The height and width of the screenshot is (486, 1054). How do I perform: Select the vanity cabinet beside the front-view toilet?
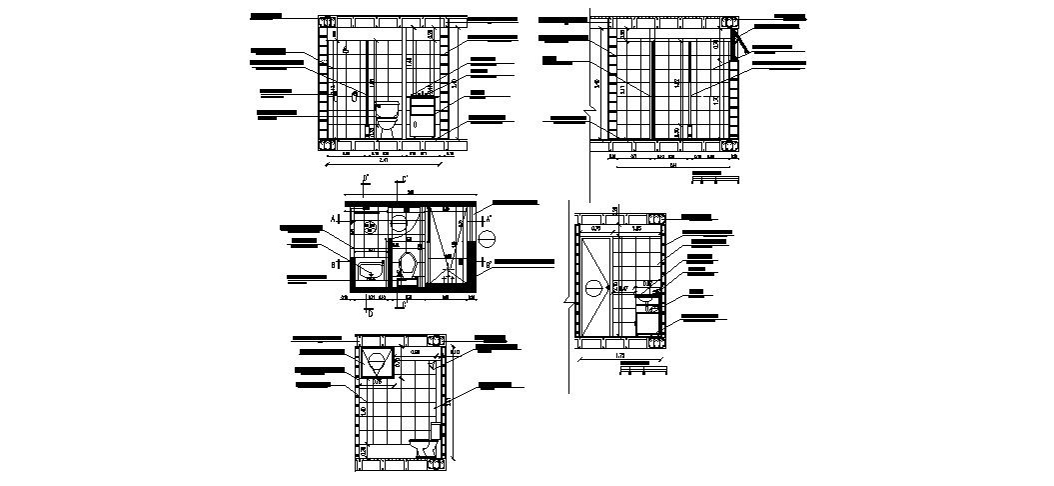click(x=421, y=115)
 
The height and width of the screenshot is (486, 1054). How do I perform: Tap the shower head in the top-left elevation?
click(x=344, y=48)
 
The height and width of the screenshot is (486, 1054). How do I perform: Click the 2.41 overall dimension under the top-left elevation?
click(x=386, y=163)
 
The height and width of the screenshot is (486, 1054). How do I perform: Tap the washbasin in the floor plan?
click(x=370, y=269)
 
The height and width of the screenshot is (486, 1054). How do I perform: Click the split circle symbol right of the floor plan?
click(x=487, y=239)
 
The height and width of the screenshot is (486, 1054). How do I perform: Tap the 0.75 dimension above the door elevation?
click(x=595, y=230)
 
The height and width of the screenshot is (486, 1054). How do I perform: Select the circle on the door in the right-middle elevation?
click(x=593, y=288)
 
